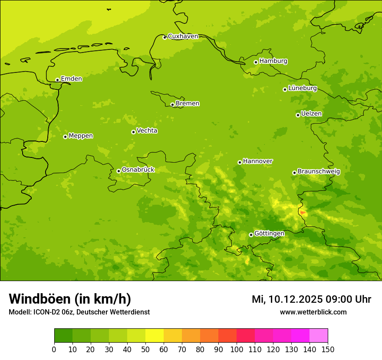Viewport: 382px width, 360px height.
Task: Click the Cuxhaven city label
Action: (183, 36)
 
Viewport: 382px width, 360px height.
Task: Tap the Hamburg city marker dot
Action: (256, 62)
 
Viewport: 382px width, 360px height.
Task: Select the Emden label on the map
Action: (71, 79)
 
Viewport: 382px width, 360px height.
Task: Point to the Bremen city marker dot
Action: (172, 105)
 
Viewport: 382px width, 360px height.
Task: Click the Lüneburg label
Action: (302, 88)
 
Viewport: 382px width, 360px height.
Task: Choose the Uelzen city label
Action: (311, 114)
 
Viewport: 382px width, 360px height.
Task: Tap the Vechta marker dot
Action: (133, 132)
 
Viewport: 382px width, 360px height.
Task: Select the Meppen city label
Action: (81, 136)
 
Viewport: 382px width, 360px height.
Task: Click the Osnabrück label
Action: (138, 170)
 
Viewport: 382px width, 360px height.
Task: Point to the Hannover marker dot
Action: (240, 162)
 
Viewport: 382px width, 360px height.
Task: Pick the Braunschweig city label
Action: (319, 172)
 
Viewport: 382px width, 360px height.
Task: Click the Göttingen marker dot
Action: (251, 235)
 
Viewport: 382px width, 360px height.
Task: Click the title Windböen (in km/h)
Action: (70, 299)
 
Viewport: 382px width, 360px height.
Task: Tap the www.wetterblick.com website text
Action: (313, 312)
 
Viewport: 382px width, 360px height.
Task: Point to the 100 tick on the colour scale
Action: (237, 349)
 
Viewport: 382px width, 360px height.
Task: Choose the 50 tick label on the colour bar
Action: (145, 349)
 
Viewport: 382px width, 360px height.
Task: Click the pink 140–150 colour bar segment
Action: (319, 335)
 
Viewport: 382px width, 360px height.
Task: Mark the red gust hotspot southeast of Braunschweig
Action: (303, 213)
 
